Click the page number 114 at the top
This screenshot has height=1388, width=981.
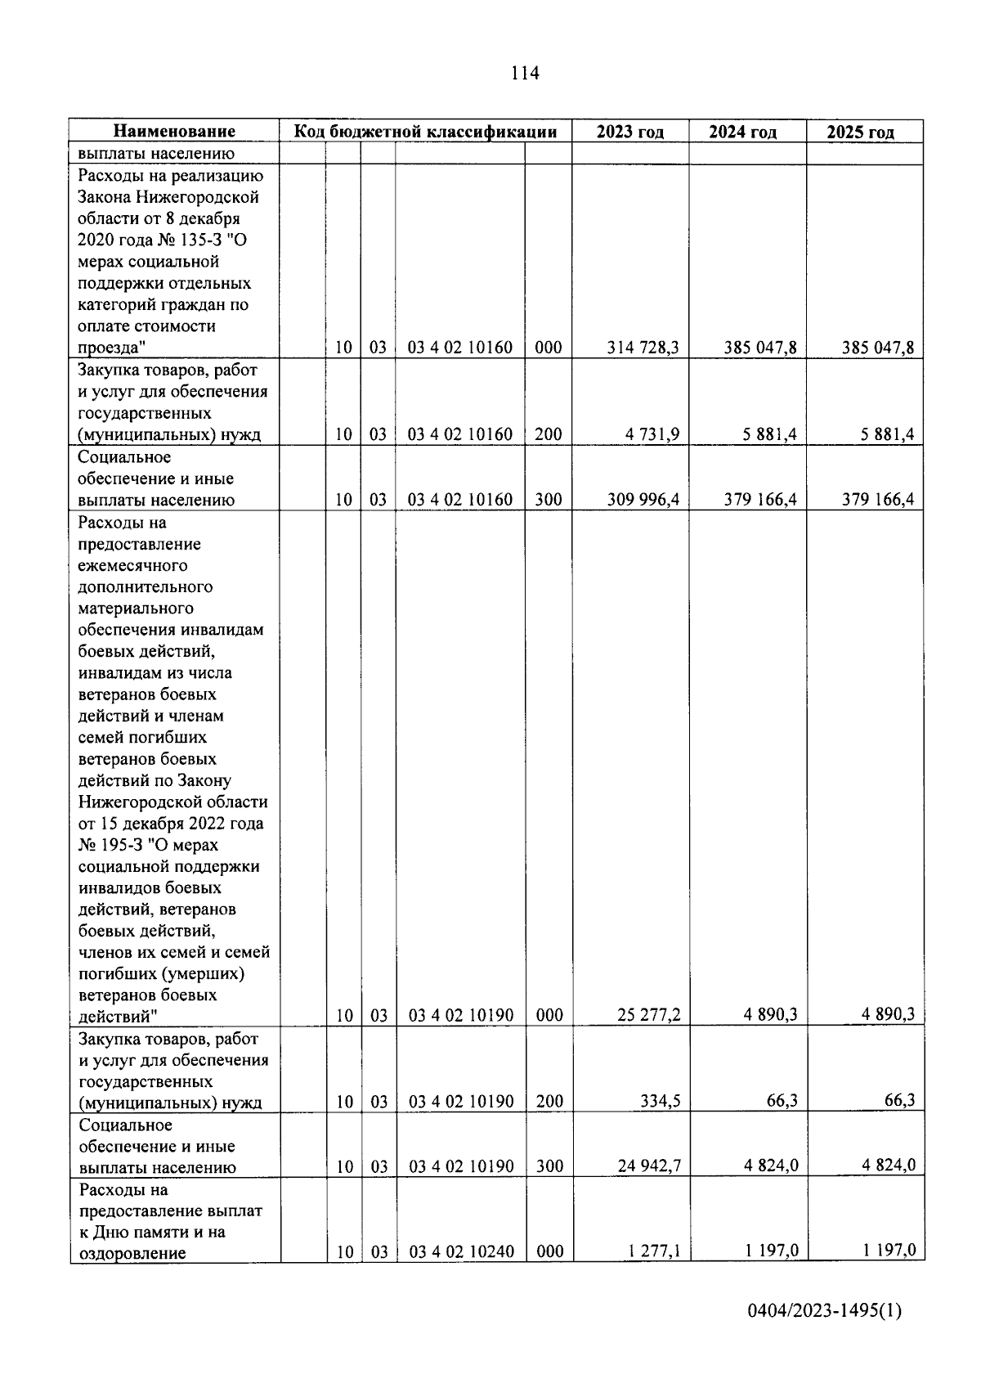pos(525,74)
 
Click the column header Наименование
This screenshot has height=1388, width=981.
pos(174,132)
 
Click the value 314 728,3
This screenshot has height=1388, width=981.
pos(643,348)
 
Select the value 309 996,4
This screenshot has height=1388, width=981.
pos(643,500)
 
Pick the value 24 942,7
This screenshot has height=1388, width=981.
pos(648,1166)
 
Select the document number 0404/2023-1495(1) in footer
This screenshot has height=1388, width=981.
pos(825,1334)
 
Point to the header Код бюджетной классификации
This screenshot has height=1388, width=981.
pos(425,132)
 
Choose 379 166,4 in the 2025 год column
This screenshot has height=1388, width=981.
pos(878,500)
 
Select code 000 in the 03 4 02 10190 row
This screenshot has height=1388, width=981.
pos(549,1015)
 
